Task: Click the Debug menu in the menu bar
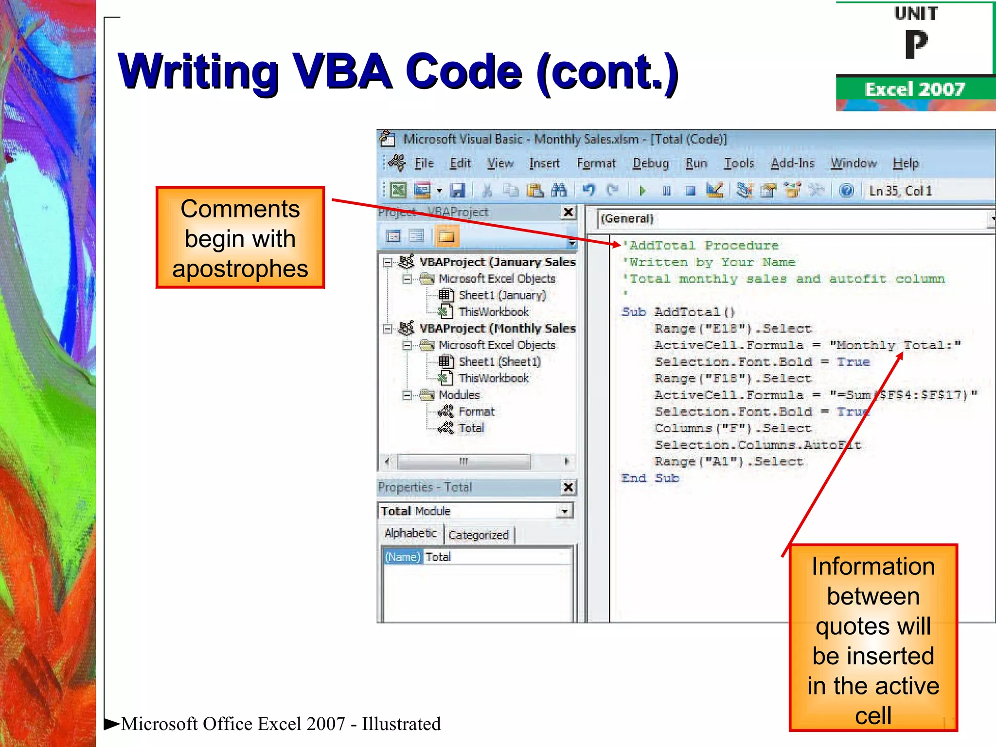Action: [650, 163]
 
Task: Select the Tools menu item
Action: [739, 163]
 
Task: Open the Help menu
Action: [906, 163]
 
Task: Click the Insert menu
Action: [544, 163]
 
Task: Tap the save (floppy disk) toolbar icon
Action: [457, 190]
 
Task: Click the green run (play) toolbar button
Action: [642, 191]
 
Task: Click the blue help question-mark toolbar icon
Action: [846, 190]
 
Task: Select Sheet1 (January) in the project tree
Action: [501, 295]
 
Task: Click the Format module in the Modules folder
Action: [476, 412]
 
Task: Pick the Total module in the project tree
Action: [471, 428]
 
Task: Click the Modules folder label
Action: [459, 395]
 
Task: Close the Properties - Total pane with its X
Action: [568, 487]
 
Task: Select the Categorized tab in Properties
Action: [479, 535]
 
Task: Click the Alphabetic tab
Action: [410, 533]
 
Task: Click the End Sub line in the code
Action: [650, 479]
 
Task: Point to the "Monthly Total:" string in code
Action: [895, 346]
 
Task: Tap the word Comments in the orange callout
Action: [240, 209]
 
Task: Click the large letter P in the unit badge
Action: [916, 44]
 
